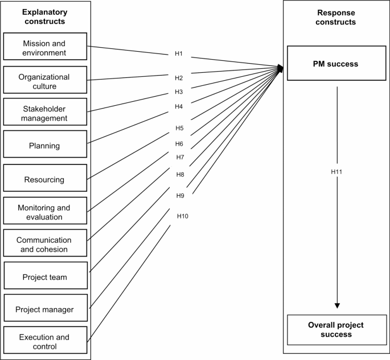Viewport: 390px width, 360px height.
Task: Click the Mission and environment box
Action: pyautogui.click(x=45, y=47)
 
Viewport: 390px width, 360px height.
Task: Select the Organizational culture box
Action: pyautogui.click(x=45, y=81)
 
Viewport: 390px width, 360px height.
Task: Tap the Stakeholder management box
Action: pyautogui.click(x=45, y=113)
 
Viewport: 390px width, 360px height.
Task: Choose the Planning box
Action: pyautogui.click(x=45, y=146)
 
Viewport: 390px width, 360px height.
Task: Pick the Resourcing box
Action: pyautogui.click(x=45, y=179)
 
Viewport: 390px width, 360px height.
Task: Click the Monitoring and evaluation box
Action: pyautogui.click(x=45, y=212)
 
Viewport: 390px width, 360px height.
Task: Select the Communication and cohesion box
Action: pyautogui.click(x=45, y=244)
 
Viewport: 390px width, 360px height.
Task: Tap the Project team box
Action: pyautogui.click(x=45, y=277)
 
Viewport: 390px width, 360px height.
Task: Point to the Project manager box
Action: pyautogui.click(x=45, y=309)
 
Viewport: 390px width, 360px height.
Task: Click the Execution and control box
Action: pyautogui.click(x=45, y=341)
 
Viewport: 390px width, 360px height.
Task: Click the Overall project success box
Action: pyautogui.click(x=335, y=329)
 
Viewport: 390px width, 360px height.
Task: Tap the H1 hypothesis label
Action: pyautogui.click(x=179, y=54)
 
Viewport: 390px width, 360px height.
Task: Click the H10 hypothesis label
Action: pyautogui.click(x=182, y=216)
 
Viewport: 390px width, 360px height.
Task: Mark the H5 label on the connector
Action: pyautogui.click(x=179, y=128)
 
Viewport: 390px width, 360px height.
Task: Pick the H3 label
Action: pyautogui.click(x=179, y=92)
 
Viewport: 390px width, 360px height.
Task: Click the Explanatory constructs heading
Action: pyautogui.click(x=45, y=16)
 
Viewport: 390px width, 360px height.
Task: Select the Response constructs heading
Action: pyautogui.click(x=335, y=17)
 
